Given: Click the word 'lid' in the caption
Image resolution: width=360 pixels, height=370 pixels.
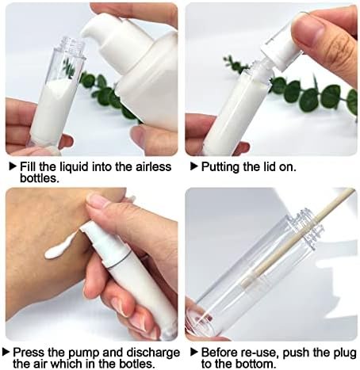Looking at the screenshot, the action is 269,166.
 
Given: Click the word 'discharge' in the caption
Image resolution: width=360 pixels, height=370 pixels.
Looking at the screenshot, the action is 153,353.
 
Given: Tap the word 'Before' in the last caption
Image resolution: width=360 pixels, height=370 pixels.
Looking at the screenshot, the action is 219,353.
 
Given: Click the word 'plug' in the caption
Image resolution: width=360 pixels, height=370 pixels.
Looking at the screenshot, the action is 344,353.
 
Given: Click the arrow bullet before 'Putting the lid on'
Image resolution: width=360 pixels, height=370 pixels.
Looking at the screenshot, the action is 193,166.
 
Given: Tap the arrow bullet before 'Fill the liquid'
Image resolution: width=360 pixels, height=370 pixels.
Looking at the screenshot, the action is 13,166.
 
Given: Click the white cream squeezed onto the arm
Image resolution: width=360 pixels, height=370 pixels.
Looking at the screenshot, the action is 59,246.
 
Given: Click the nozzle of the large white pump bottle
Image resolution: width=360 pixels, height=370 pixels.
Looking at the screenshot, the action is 91,30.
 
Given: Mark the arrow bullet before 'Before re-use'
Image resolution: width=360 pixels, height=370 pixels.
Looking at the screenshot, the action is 193,352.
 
